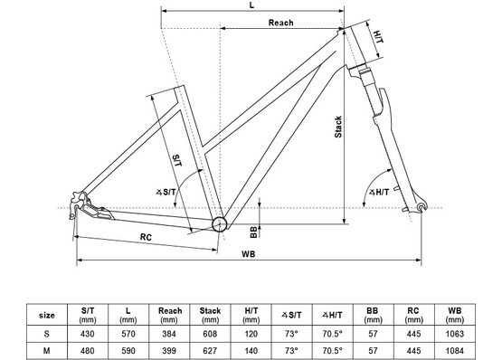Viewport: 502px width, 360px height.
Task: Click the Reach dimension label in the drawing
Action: [x=279, y=23]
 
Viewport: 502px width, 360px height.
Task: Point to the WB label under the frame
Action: [x=248, y=254]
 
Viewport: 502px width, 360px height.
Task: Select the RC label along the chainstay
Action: [x=146, y=238]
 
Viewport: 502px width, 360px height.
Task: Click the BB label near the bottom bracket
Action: [x=255, y=231]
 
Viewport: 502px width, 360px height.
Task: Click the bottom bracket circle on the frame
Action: [x=218, y=224]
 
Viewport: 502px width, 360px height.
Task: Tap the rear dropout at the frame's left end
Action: [x=79, y=202]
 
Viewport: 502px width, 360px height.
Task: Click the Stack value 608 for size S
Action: [x=209, y=333]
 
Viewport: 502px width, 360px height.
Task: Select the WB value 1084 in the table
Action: [x=458, y=349]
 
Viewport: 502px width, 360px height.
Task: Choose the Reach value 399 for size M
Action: [x=169, y=349]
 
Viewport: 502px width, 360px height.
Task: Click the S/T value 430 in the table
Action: [x=88, y=333]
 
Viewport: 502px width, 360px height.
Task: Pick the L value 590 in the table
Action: [x=128, y=349]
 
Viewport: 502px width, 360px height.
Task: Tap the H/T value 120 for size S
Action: [x=251, y=333]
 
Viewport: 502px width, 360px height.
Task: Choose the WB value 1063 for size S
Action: [x=458, y=333]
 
